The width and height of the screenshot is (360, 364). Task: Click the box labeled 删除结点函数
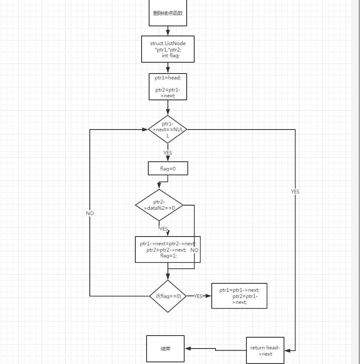pyautogui.click(x=167, y=13)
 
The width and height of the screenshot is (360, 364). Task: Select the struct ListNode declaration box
pyautogui.click(x=167, y=49)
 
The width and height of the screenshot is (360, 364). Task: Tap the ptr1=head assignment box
pyautogui.click(x=167, y=87)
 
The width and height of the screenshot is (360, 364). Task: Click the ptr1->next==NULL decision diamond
pyautogui.click(x=167, y=130)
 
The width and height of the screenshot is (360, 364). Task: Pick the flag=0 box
pyautogui.click(x=168, y=169)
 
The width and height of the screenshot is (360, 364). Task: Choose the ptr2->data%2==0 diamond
pyautogui.click(x=159, y=205)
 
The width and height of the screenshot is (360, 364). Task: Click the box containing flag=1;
pyautogui.click(x=167, y=249)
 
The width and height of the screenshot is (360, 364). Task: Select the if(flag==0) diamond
pyautogui.click(x=168, y=296)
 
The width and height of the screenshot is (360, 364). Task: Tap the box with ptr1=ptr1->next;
pyautogui.click(x=239, y=296)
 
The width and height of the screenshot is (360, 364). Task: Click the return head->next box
pyautogui.click(x=265, y=350)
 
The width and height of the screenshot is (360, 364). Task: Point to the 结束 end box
pyautogui.click(x=165, y=349)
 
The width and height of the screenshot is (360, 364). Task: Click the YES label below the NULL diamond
pyautogui.click(x=167, y=153)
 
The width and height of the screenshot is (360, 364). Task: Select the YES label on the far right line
pyautogui.click(x=295, y=192)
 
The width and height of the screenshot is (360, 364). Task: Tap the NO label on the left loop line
pyautogui.click(x=90, y=214)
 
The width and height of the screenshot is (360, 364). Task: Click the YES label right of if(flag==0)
pyautogui.click(x=198, y=296)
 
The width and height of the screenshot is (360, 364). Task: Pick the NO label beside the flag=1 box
pyautogui.click(x=194, y=250)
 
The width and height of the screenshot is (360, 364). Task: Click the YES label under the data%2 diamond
pyautogui.click(x=163, y=229)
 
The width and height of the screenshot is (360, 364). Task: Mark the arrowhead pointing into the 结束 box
pyautogui.click(x=188, y=349)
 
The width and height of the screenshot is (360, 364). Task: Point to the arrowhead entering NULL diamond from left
pyautogui.click(x=145, y=130)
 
